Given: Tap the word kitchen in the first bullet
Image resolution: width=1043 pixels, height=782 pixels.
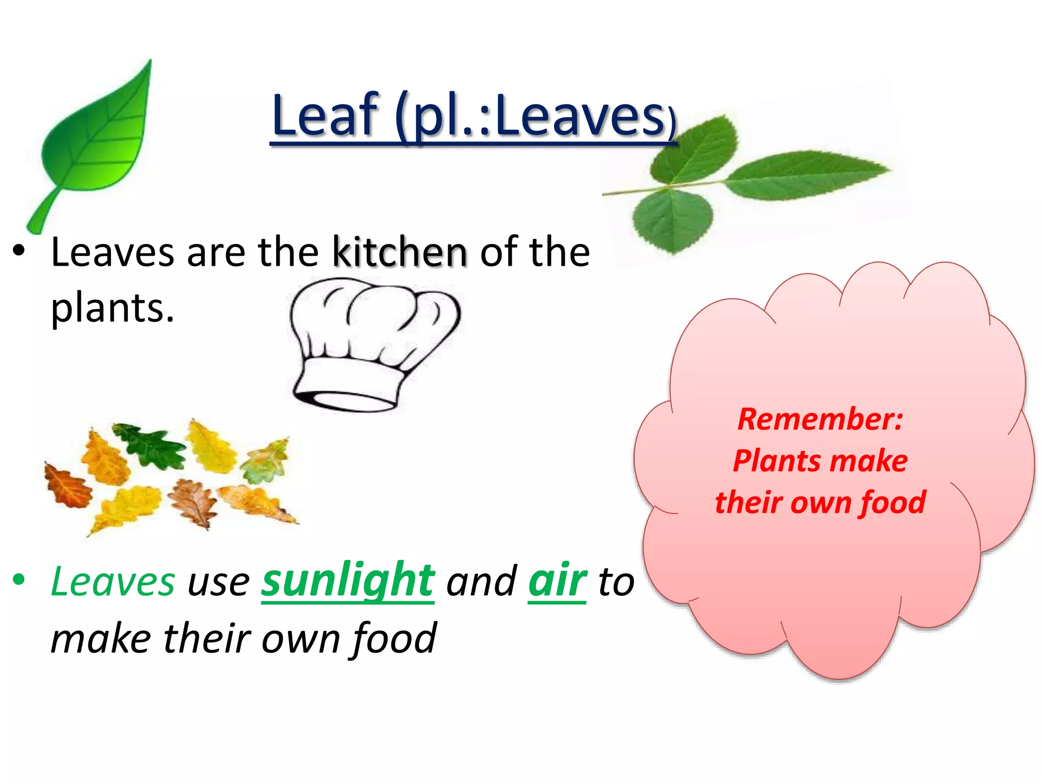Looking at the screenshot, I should pos(400,252).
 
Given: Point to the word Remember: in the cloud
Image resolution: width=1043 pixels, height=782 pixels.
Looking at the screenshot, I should pos(820,420).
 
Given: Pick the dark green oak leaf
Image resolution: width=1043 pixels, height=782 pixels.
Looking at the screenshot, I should pos(151,445).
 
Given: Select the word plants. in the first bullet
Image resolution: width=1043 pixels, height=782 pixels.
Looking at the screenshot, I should pos(113,308).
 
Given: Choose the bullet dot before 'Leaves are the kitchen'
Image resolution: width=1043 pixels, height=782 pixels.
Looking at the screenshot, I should pos(19,250).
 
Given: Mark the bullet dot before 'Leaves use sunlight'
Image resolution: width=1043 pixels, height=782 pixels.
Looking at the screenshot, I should pos(19,579).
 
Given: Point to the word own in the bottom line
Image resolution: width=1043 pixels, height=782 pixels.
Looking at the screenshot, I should pos(300,638).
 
